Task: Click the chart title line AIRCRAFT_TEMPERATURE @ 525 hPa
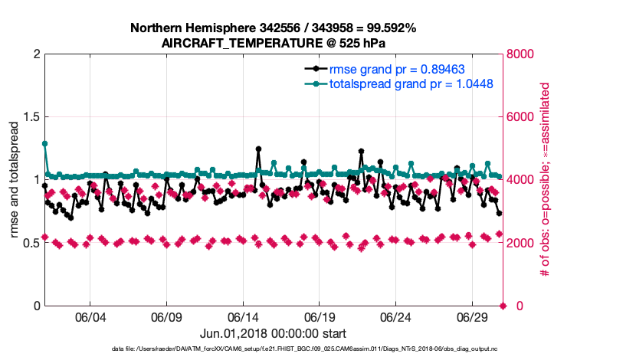(273, 44)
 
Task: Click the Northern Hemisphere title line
(273, 28)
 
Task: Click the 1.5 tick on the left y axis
(30, 117)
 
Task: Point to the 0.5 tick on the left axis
(30, 243)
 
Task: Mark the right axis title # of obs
(546, 180)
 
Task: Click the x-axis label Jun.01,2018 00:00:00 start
(273, 333)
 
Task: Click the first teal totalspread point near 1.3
(44, 143)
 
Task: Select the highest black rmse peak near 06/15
(258, 149)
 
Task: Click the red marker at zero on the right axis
(503, 306)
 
